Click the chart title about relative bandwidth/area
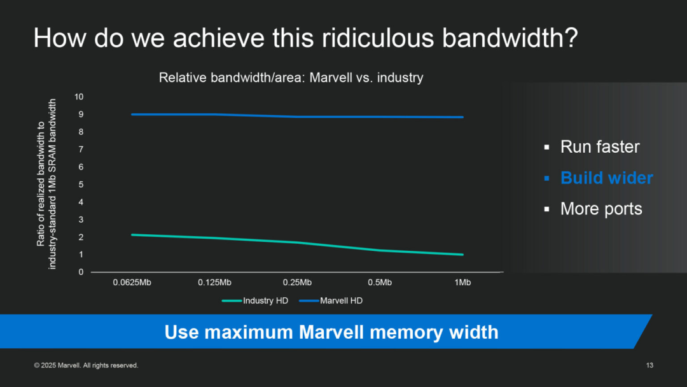pyautogui.click(x=291, y=78)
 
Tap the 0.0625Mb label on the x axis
pyautogui.click(x=132, y=283)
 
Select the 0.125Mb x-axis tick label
pyautogui.click(x=214, y=283)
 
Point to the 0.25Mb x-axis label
pyautogui.click(x=297, y=283)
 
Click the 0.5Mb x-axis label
pyautogui.click(x=380, y=283)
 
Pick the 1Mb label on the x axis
pyautogui.click(x=462, y=283)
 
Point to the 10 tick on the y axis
pyautogui.click(x=79, y=97)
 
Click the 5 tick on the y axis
pyautogui.click(x=81, y=185)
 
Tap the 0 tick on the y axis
pyautogui.click(x=81, y=272)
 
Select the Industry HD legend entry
pyautogui.click(x=255, y=300)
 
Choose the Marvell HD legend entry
pyautogui.click(x=331, y=300)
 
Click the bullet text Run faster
pyautogui.click(x=600, y=147)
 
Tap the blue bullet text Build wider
pyautogui.click(x=607, y=178)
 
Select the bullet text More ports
pyautogui.click(x=601, y=209)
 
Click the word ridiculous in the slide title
pyautogui.click(x=378, y=38)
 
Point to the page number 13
pyautogui.click(x=649, y=365)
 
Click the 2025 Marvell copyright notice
pyautogui.click(x=87, y=365)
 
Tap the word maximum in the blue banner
pyautogui.click(x=249, y=332)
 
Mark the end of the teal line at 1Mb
pyautogui.click(x=462, y=255)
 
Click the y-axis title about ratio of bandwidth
pyautogui.click(x=46, y=184)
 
